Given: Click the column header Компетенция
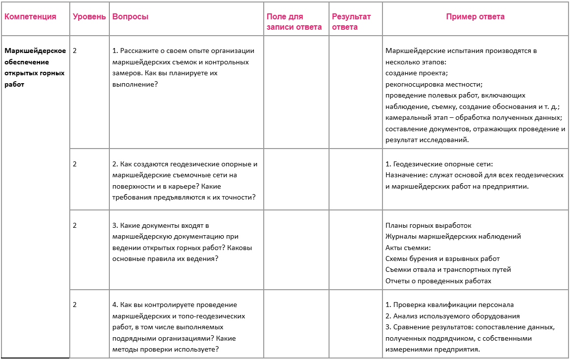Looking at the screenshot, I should point(30,17).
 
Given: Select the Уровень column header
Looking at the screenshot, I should point(89,17).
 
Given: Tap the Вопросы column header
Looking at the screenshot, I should point(131,17).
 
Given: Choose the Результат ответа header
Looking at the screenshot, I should point(351,22).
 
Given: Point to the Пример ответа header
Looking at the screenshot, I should point(475,17).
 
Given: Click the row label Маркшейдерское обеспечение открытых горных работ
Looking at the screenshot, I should point(35,67).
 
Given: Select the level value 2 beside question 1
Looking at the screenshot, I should point(75,51).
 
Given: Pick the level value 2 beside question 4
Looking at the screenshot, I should point(75,305).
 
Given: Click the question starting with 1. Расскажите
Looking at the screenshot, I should point(183,67).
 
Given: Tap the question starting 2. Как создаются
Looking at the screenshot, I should point(185,180).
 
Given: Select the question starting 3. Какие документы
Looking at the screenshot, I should point(179,242).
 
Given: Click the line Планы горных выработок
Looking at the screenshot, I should point(428,225).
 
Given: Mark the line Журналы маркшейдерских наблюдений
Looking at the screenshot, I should point(453,237).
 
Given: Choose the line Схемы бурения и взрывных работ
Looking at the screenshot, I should point(442,258).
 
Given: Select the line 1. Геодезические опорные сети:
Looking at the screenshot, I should point(439,164).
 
